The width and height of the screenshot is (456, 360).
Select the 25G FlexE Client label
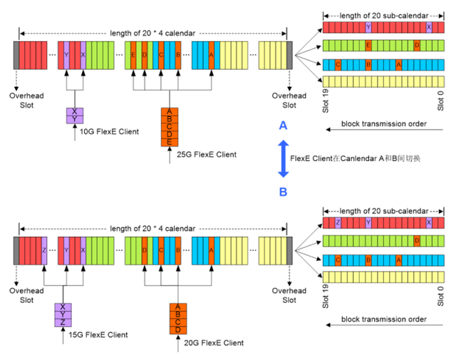click(207, 154)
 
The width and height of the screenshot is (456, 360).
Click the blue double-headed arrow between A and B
click(282, 158)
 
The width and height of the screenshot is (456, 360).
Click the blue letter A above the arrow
click(283, 125)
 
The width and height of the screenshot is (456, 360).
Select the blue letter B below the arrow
click(283, 191)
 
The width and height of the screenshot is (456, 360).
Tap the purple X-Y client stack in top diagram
click(74, 115)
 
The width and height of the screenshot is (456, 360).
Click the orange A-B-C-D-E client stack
click(169, 127)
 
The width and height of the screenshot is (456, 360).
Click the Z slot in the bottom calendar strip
click(43, 250)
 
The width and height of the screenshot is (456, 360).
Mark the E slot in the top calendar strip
click(133, 55)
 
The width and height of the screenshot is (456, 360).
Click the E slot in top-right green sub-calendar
click(368, 46)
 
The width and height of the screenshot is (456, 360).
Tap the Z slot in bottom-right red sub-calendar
click(337, 223)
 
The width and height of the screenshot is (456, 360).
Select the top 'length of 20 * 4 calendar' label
click(152, 33)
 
